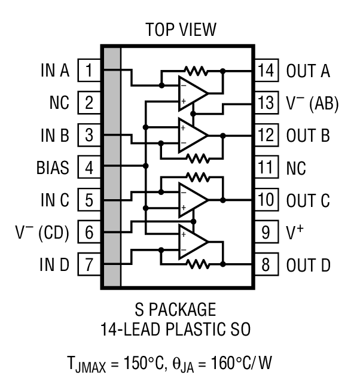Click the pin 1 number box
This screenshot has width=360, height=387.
[x=89, y=71]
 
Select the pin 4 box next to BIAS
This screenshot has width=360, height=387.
[x=89, y=168]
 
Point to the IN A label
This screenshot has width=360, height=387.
[x=54, y=71]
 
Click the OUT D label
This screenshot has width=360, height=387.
[x=308, y=265]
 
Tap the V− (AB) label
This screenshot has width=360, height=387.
[x=312, y=103]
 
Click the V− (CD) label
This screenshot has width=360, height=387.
[x=42, y=233]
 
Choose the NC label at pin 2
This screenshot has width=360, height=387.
[x=59, y=103]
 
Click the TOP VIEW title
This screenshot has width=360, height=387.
[x=181, y=29]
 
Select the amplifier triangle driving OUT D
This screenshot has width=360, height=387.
[x=192, y=242]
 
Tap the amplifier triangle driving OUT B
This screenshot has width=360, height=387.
[x=192, y=135]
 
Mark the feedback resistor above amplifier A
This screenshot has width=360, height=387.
[x=196, y=71]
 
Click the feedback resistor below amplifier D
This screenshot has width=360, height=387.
[x=196, y=264]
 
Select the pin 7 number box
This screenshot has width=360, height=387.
[x=89, y=265]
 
